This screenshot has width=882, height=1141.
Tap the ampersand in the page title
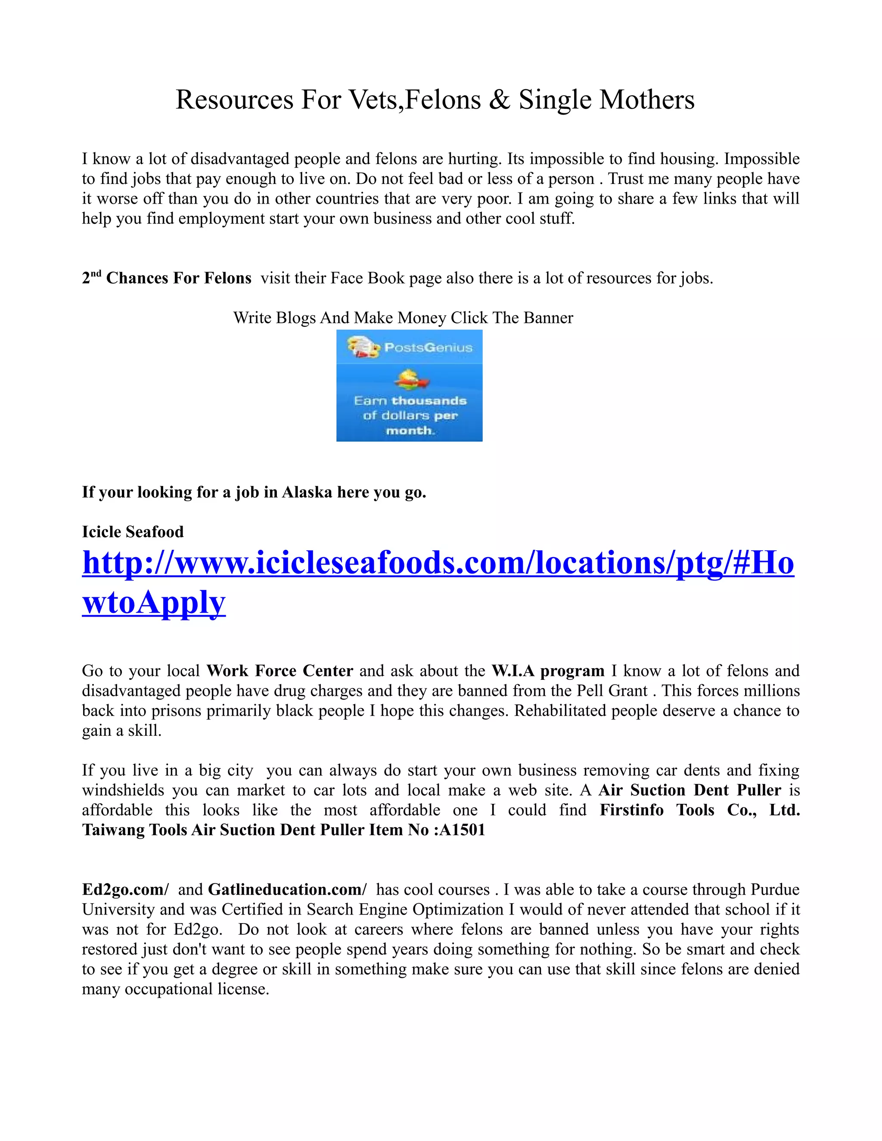tap(499, 100)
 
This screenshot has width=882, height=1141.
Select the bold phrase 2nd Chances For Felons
tap(167, 278)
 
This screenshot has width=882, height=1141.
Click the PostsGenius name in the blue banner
tap(428, 347)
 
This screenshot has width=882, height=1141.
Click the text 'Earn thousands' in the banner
tap(410, 401)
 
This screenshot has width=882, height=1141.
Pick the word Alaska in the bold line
tap(307, 492)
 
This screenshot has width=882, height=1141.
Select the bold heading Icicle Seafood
tap(133, 532)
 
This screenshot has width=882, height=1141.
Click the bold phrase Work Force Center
tap(280, 671)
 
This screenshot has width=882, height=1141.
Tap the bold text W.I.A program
tap(548, 671)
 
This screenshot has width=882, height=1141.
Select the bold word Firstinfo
tap(631, 810)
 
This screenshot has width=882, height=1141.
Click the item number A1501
tap(463, 830)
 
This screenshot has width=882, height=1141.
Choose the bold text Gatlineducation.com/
tap(287, 889)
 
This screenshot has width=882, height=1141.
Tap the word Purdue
tap(775, 889)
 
